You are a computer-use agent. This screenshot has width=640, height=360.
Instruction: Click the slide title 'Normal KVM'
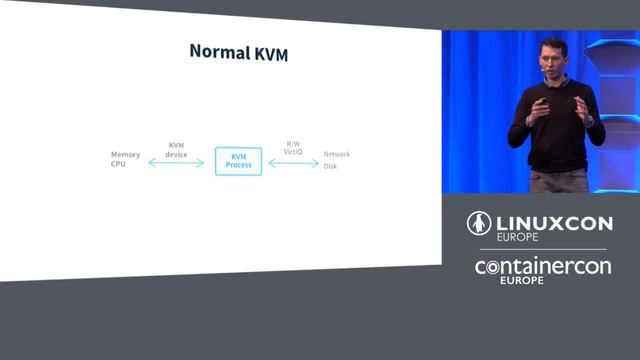pyautogui.click(x=238, y=52)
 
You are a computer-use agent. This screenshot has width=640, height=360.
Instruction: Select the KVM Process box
pyautogui.click(x=238, y=161)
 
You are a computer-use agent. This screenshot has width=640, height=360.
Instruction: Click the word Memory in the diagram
pyautogui.click(x=125, y=155)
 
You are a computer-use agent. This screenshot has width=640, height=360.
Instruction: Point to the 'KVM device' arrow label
pyautogui.click(x=176, y=149)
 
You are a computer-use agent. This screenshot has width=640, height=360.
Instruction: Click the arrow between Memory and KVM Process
pyautogui.click(x=176, y=162)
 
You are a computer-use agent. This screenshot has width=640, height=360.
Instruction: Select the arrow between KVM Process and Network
pyautogui.click(x=293, y=162)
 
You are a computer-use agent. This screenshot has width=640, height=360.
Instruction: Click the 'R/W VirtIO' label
pyautogui.click(x=293, y=148)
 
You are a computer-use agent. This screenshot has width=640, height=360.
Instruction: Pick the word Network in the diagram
pyautogui.click(x=336, y=155)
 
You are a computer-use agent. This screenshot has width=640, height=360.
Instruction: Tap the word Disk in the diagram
pyautogui.click(x=330, y=166)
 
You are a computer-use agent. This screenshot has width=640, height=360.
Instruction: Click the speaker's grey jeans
pyautogui.click(x=557, y=181)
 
